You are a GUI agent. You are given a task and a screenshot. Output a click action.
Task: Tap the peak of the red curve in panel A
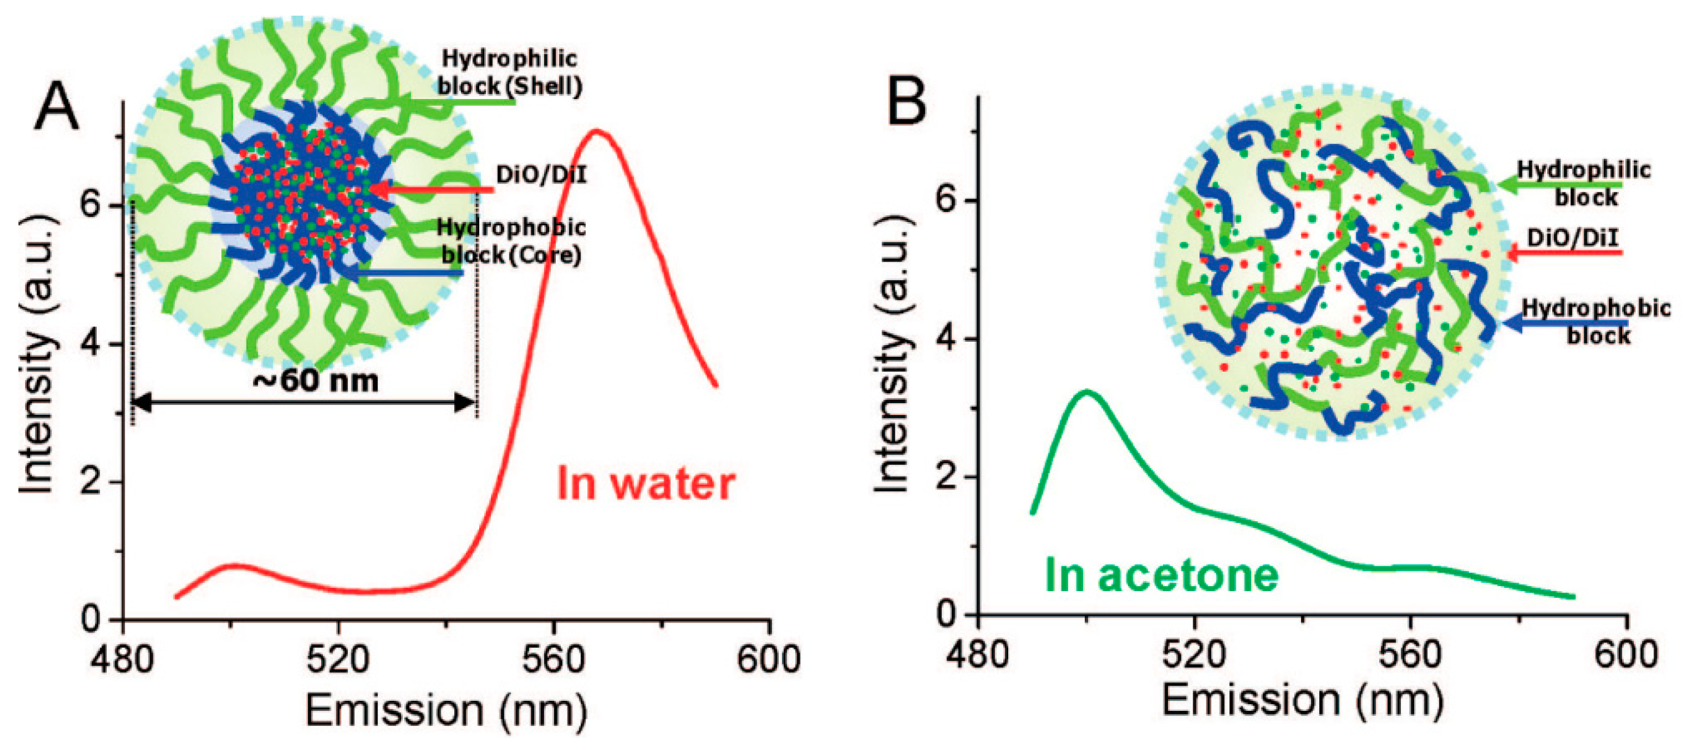[x=597, y=132]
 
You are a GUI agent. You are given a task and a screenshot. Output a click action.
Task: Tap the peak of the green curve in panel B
[x=1086, y=391]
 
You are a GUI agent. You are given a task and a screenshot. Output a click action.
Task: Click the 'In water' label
[x=646, y=484]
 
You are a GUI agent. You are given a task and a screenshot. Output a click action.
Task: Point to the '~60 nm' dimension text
[x=316, y=380]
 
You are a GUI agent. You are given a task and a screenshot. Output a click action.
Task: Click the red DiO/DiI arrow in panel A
[x=431, y=190]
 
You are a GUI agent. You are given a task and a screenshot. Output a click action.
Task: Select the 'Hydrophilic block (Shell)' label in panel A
[x=509, y=72]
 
